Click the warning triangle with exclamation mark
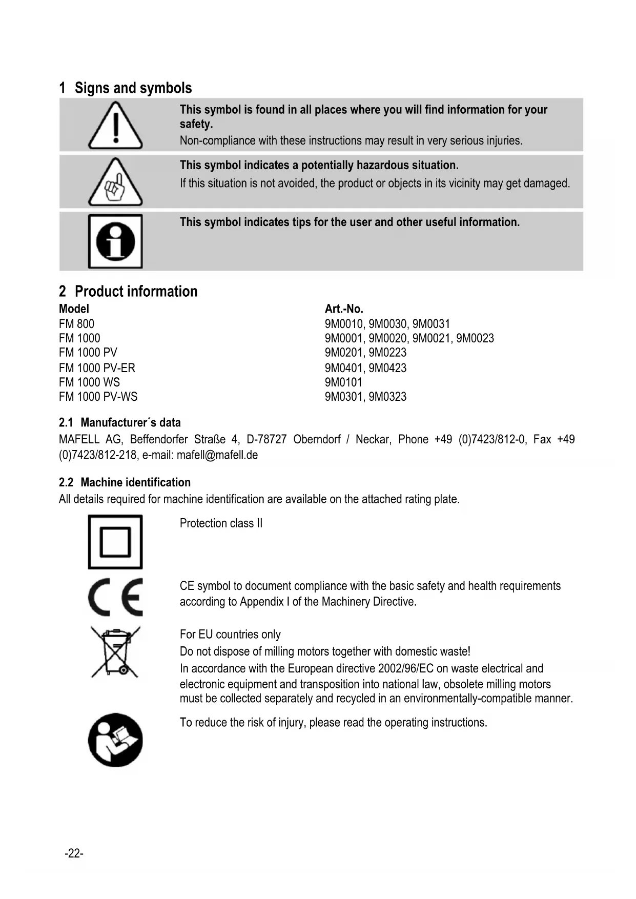(x=115, y=126)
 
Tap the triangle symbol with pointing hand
(x=115, y=183)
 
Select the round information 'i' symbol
(x=115, y=241)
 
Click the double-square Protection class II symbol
(x=115, y=542)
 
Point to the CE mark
(x=115, y=597)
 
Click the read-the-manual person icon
(x=115, y=740)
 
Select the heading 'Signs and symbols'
(x=133, y=88)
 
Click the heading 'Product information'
(x=136, y=292)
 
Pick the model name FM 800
(x=77, y=324)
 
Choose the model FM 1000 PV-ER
(x=97, y=368)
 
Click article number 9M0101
(x=343, y=382)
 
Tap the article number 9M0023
(x=475, y=338)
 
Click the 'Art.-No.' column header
(x=344, y=309)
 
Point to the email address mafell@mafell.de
(x=217, y=455)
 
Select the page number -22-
(x=74, y=853)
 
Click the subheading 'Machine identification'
(x=135, y=482)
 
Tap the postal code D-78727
(x=266, y=440)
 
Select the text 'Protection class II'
(x=221, y=523)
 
